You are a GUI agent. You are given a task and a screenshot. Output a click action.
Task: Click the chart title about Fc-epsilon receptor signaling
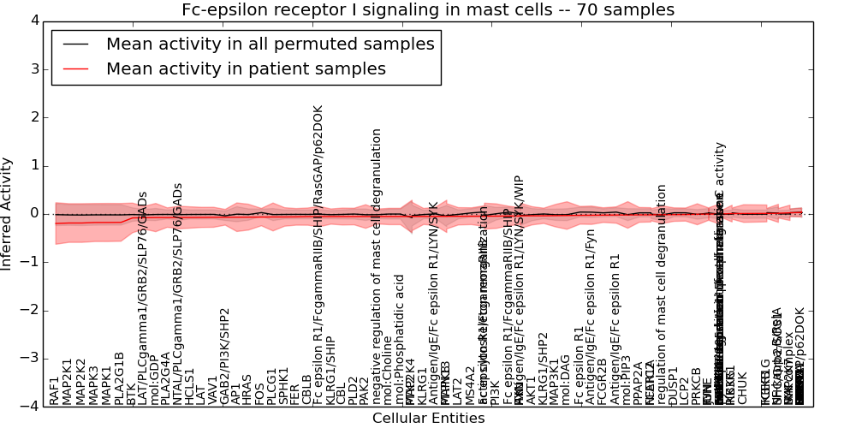(428, 10)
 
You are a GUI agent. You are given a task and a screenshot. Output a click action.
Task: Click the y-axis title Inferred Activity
(8, 213)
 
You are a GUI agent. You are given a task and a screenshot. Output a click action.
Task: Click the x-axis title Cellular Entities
(428, 419)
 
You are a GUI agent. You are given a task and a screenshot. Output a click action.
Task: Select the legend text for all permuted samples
(270, 45)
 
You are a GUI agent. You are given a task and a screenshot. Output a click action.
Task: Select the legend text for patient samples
(246, 69)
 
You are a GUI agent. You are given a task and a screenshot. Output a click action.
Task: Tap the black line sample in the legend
(74, 45)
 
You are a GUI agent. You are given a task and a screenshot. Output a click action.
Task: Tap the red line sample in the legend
(74, 69)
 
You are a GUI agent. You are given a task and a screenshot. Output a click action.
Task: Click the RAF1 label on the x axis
(55, 389)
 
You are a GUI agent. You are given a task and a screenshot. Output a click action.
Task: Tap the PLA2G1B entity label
(119, 377)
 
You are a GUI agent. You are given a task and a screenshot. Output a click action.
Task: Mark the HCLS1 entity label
(190, 385)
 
